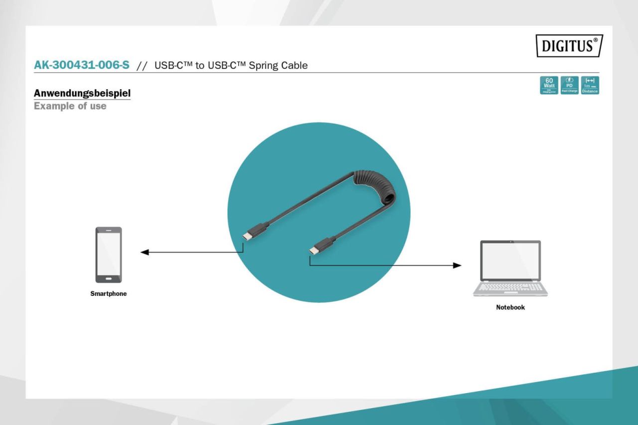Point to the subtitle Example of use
[x=70, y=106]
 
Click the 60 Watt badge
[x=550, y=85]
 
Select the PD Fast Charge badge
[x=570, y=85]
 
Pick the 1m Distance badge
[x=590, y=85]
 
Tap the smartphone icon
[x=108, y=255]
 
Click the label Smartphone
[x=108, y=294]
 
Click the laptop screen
[x=510, y=261]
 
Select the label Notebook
[x=510, y=307]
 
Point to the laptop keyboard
[x=510, y=287]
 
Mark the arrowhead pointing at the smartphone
[x=145, y=252]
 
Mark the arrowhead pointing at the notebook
[x=457, y=265]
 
